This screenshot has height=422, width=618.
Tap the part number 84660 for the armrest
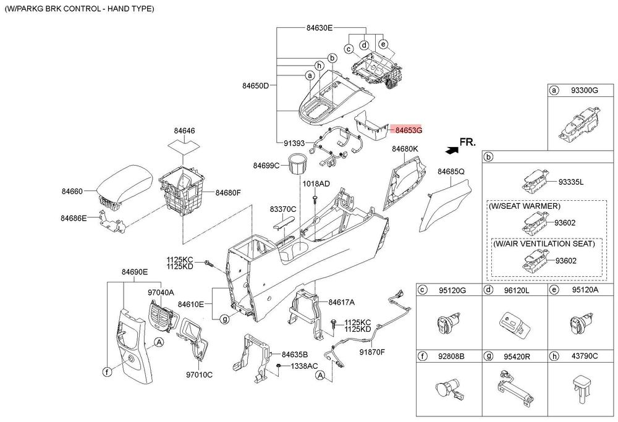[x=71, y=192]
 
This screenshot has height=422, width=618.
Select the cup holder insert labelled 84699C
[x=298, y=166]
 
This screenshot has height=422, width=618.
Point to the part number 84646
[x=184, y=131]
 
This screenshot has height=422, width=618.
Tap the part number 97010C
[x=200, y=374]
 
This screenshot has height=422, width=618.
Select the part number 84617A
[x=342, y=302]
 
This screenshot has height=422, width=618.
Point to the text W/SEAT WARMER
[x=524, y=206]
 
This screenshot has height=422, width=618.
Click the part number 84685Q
[x=451, y=171]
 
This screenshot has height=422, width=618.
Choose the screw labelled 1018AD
[x=315, y=198]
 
